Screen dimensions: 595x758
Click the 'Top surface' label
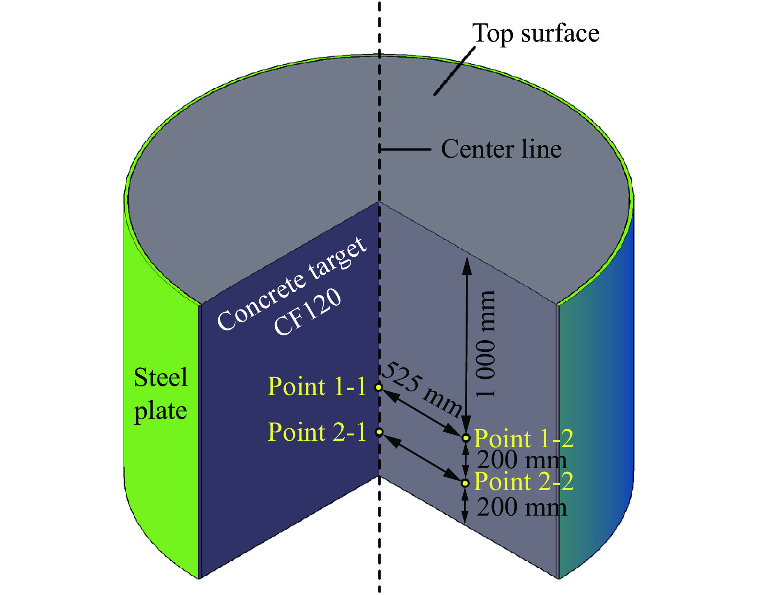pyautogui.click(x=535, y=33)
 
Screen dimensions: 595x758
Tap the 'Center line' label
pyautogui.click(x=501, y=149)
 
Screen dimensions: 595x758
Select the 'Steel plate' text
pyautogui.click(x=161, y=394)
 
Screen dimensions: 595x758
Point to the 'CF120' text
pyautogui.click(x=308, y=311)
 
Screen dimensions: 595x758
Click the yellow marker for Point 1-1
pyautogui.click(x=379, y=387)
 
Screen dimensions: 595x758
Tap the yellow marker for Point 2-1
pyautogui.click(x=379, y=432)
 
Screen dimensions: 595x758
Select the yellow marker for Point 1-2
pyautogui.click(x=466, y=438)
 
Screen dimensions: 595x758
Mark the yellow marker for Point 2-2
pyautogui.click(x=465, y=483)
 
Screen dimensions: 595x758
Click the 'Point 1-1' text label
pyautogui.click(x=317, y=386)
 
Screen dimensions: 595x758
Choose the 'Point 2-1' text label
pyautogui.click(x=317, y=432)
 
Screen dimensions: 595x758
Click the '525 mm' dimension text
pyautogui.click(x=422, y=389)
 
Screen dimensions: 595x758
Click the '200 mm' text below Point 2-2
pyautogui.click(x=522, y=507)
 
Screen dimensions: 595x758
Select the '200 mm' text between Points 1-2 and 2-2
pyautogui.click(x=522, y=460)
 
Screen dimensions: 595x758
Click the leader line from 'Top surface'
pyautogui.click(x=455, y=71)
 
